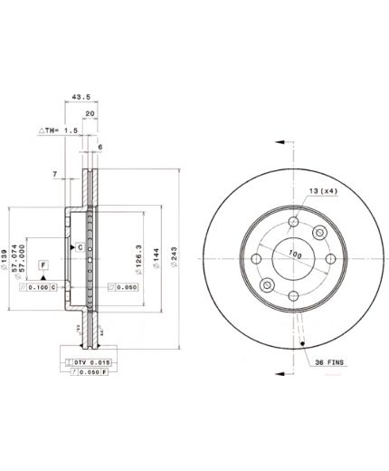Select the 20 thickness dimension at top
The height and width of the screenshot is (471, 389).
click(x=89, y=114)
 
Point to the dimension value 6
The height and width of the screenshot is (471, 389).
click(x=100, y=147)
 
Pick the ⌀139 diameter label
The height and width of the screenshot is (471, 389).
click(x=6, y=260)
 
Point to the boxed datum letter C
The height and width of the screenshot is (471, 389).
click(x=81, y=246)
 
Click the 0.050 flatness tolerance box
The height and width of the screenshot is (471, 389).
click(x=122, y=287)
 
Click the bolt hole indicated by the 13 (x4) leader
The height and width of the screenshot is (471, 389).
click(x=318, y=234)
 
